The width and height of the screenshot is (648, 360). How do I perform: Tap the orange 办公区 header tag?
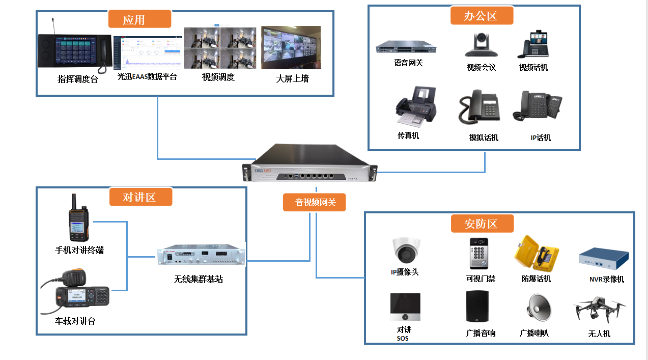[x=482, y=16]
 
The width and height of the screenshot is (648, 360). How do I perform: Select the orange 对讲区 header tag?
[x=140, y=197]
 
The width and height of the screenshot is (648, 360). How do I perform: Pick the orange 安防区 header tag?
[x=482, y=223]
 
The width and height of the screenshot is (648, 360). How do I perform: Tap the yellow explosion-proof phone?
[x=537, y=253]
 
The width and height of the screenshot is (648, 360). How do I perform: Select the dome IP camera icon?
[x=406, y=249]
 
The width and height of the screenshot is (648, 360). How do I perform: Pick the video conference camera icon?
[x=481, y=45]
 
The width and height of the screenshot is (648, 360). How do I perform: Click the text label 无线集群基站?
[x=199, y=279]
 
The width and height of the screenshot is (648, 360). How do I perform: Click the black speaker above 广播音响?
[x=477, y=306]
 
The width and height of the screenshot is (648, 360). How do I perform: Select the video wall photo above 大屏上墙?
[x=291, y=48]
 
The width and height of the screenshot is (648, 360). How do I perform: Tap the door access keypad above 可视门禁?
[x=478, y=253]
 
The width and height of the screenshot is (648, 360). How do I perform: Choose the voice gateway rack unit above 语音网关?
[x=406, y=47]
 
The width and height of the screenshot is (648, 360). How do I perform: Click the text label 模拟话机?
[x=484, y=137]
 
